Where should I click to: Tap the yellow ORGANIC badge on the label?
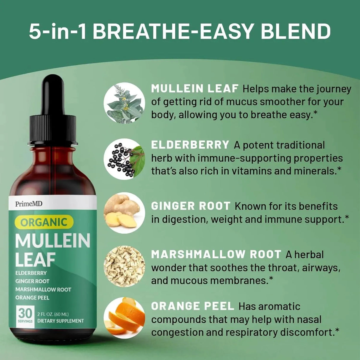pyautogui.click(x=44, y=222)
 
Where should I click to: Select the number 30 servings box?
pyautogui.click(x=25, y=316)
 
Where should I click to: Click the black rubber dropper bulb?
pyautogui.click(x=53, y=95)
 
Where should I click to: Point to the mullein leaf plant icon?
pyautogui.click(x=124, y=103)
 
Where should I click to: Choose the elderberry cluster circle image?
pyautogui.click(x=124, y=159)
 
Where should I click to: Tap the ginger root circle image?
pyautogui.click(x=124, y=213)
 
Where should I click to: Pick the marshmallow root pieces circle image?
pyautogui.click(x=124, y=266)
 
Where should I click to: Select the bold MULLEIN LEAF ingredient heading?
pyautogui.click(x=195, y=88)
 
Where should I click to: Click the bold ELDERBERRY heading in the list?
pyautogui.click(x=190, y=145)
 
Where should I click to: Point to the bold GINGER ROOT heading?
pyautogui.click(x=191, y=206)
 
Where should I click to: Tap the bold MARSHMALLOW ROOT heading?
pyautogui.click(x=216, y=254)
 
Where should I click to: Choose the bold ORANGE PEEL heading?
pyautogui.click(x=192, y=306)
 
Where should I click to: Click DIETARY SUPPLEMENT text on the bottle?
pyautogui.click(x=60, y=321)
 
